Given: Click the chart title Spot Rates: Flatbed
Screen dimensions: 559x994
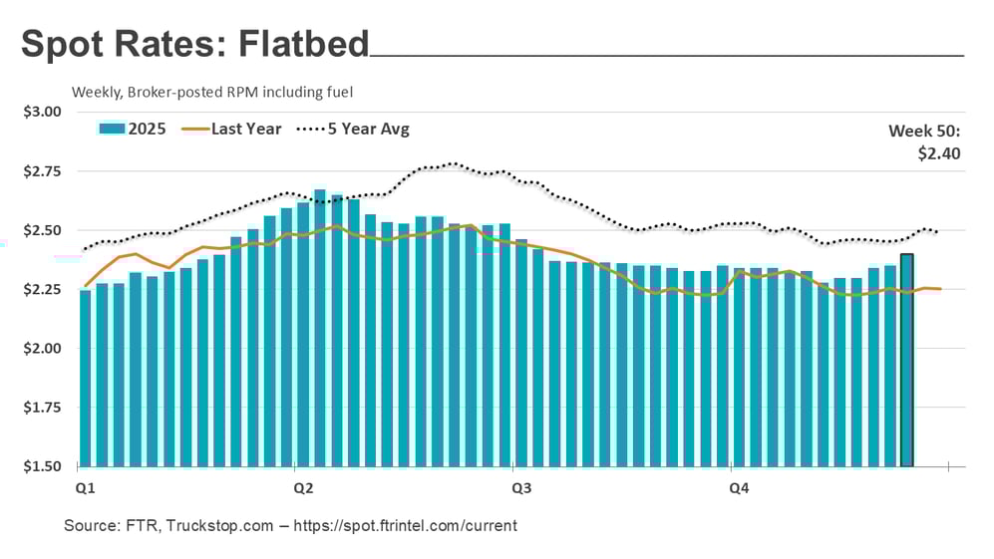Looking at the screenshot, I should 195,44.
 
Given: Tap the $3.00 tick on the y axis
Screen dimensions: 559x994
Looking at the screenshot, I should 42,112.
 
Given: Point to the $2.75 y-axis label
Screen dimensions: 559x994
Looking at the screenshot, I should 42,171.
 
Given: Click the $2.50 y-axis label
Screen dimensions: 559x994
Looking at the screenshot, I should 42,230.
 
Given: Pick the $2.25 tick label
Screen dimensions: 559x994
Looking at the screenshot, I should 42,290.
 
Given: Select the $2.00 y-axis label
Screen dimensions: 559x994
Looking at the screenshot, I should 42,349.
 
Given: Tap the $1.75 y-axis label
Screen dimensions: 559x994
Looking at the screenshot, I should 42,408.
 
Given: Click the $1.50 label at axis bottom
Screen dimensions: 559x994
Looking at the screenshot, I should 42,466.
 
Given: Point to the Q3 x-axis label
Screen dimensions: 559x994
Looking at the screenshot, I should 520,488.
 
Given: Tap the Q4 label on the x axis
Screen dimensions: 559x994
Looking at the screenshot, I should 739,488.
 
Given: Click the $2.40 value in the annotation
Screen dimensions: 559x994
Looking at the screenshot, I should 938,153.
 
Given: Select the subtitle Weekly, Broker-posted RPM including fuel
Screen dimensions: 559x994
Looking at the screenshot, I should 212,92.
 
